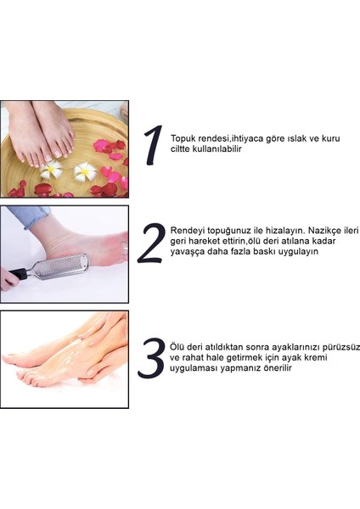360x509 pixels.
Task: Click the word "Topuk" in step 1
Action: [x=184, y=138]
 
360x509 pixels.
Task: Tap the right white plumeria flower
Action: [x=85, y=171]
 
